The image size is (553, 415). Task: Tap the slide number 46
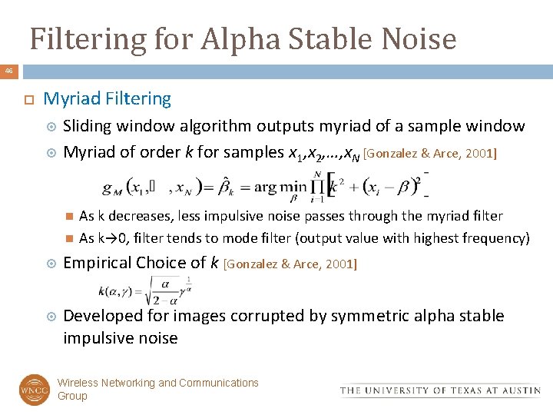pos(8,71)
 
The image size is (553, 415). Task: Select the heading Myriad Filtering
pos(108,98)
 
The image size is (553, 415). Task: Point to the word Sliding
pos(88,126)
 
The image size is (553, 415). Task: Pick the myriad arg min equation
pos(265,186)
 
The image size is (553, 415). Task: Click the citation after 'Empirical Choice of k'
pos(290,264)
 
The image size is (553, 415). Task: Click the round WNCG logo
pos(34,390)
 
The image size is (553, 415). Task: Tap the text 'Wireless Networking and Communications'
pos(158,383)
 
